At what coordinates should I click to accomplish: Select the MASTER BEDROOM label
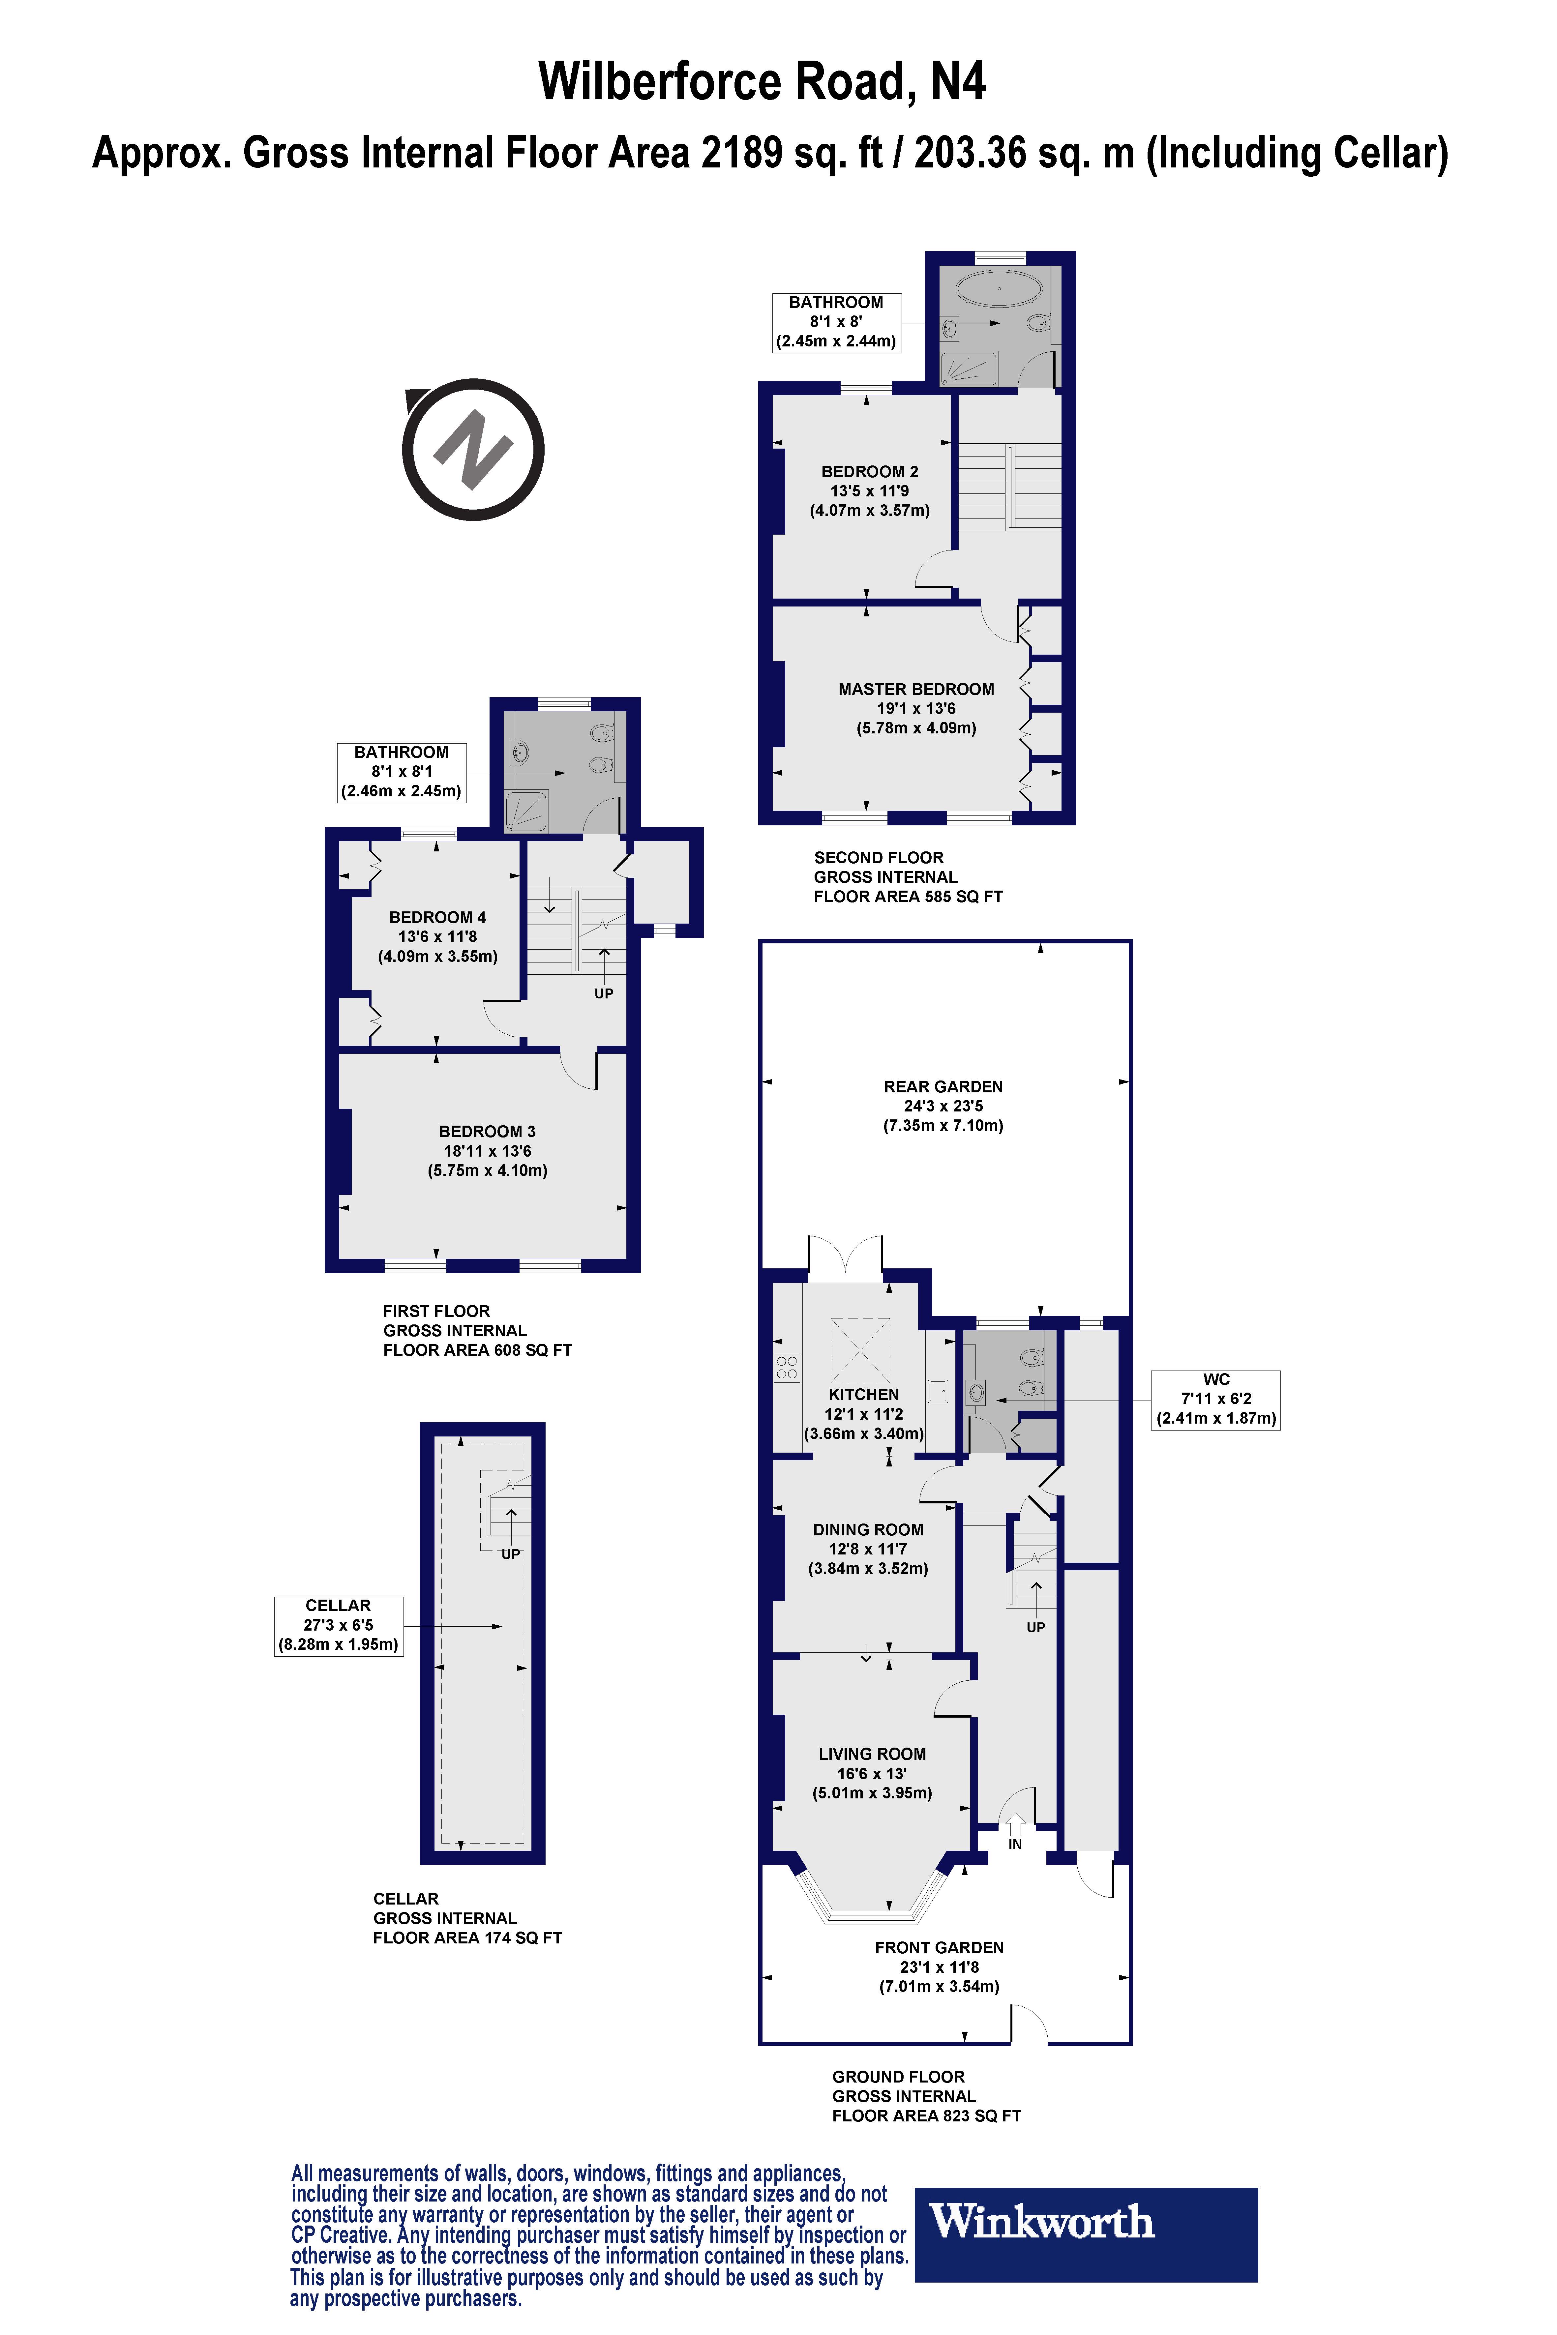coord(915,689)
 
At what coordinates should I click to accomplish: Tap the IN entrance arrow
coord(1015,1825)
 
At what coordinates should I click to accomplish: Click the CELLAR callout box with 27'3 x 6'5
coord(339,1625)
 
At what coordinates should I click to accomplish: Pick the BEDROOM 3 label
coord(488,1132)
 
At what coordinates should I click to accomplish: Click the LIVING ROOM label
coord(872,1754)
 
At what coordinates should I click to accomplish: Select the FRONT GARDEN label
coord(939,1948)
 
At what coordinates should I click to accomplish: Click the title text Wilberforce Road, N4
coord(763,81)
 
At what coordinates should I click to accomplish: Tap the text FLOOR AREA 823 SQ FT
coord(926,2115)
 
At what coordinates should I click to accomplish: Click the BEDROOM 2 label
coord(870,472)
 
